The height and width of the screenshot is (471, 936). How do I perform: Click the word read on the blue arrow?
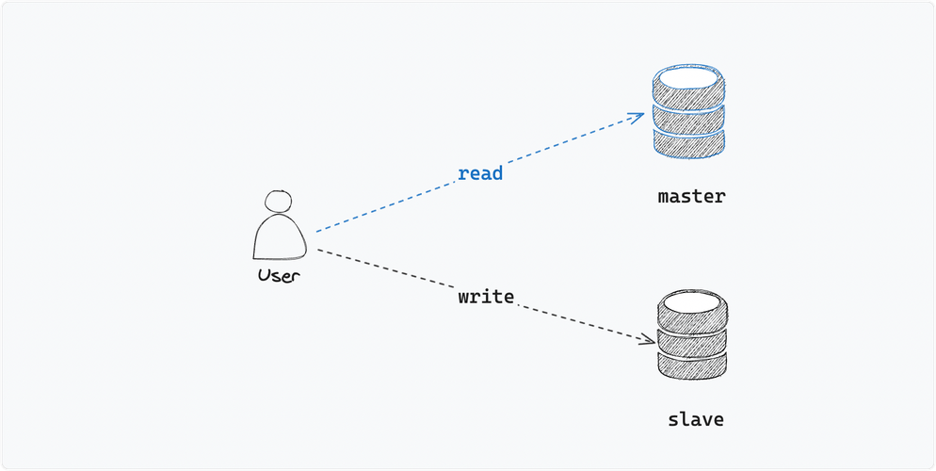pyautogui.click(x=480, y=173)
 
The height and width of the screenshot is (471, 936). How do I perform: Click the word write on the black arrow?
pyautogui.click(x=486, y=296)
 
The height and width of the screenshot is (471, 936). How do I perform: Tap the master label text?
pyautogui.click(x=691, y=196)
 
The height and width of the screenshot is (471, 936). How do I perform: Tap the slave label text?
pyautogui.click(x=696, y=419)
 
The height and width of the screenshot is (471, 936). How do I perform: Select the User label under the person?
pyautogui.click(x=280, y=276)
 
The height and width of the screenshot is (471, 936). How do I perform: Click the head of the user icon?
pyautogui.click(x=278, y=202)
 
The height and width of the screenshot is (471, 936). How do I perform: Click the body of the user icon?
pyautogui.click(x=280, y=236)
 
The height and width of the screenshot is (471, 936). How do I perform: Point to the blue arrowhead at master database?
pyautogui.click(x=637, y=117)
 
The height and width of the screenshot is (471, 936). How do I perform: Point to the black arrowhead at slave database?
pyautogui.click(x=648, y=339)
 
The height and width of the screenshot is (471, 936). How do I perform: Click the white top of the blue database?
pyautogui.click(x=688, y=77)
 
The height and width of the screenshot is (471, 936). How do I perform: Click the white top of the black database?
pyautogui.click(x=691, y=302)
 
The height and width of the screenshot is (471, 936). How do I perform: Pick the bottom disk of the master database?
pyautogui.click(x=689, y=144)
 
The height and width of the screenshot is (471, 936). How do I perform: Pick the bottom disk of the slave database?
pyautogui.click(x=692, y=365)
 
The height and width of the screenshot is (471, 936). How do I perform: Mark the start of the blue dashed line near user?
pyautogui.click(x=316, y=231)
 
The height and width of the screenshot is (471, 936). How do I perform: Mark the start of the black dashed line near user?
pyautogui.click(x=318, y=250)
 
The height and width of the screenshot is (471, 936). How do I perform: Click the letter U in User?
pyautogui.click(x=264, y=275)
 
